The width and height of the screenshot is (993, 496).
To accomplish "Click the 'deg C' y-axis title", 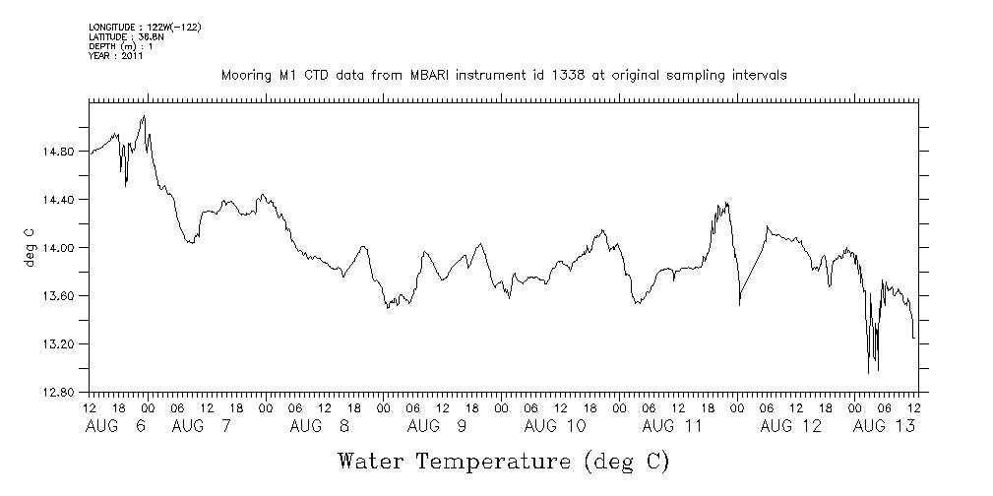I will point(29,247).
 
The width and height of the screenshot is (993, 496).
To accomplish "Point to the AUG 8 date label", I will point(320,426).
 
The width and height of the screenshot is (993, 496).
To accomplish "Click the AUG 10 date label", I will point(555,426).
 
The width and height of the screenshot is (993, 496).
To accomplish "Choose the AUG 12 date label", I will point(791,426).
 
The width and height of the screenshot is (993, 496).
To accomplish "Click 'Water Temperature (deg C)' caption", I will point(504,461).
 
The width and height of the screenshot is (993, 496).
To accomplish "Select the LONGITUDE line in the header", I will point(145,27).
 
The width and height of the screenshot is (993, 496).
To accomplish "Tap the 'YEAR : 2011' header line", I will point(117,56).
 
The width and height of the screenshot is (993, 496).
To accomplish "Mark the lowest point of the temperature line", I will point(868,373).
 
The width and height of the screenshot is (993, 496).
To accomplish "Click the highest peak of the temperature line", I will point(145,116).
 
